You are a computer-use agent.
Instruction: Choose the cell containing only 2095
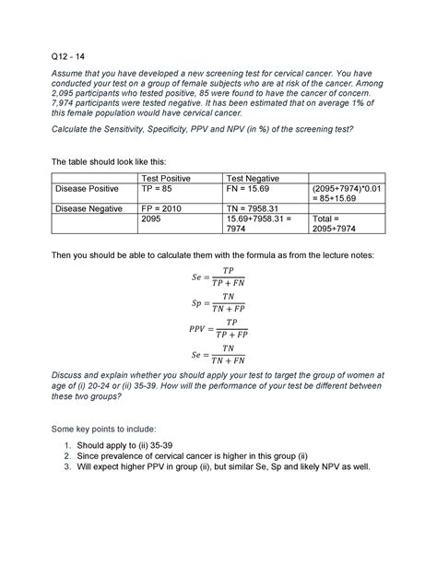[x=154, y=221]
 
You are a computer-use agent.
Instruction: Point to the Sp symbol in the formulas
[x=196, y=302]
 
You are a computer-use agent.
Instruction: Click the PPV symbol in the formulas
[x=193, y=328]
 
